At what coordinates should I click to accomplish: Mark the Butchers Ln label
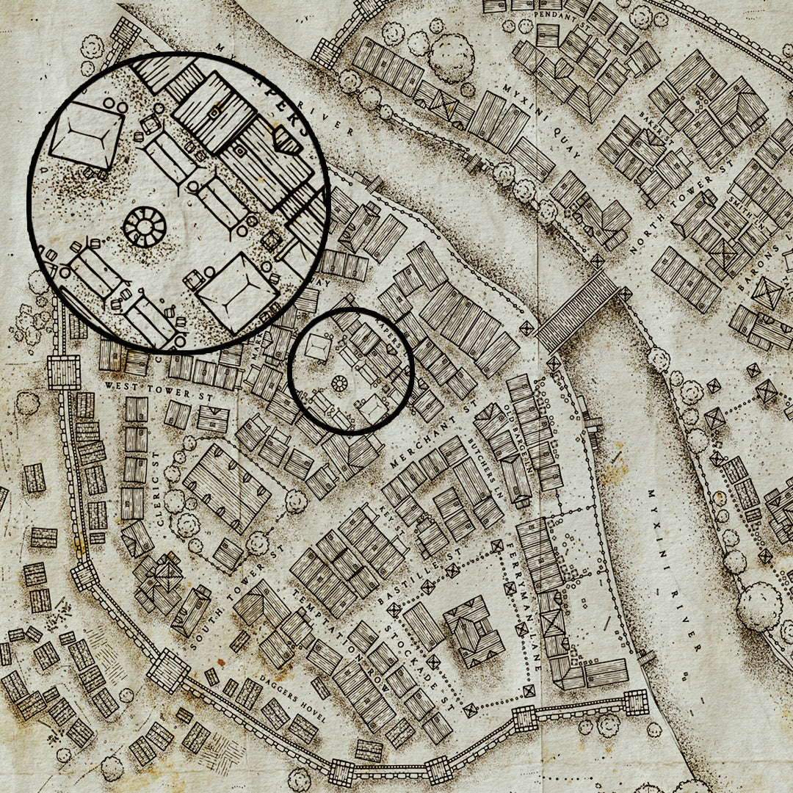pyautogui.click(x=485, y=469)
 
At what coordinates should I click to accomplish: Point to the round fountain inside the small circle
pyautogui.click(x=339, y=383)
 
